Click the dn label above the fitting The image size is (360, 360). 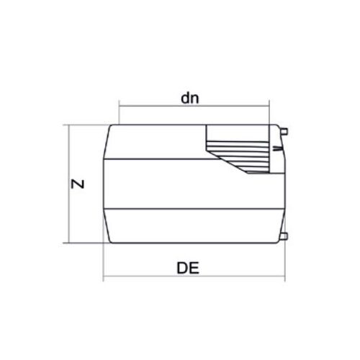tap(190, 99)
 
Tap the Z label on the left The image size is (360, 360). tap(78, 184)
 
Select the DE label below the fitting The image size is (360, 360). tap(188, 268)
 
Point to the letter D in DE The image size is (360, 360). tap(182, 268)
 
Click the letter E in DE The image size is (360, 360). tap(194, 268)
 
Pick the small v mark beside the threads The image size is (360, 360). tap(277, 149)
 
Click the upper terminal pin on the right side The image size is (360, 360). tap(284, 132)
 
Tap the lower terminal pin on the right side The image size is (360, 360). tap(284, 236)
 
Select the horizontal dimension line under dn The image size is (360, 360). tap(194, 106)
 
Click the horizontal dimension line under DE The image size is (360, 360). tap(194, 276)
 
